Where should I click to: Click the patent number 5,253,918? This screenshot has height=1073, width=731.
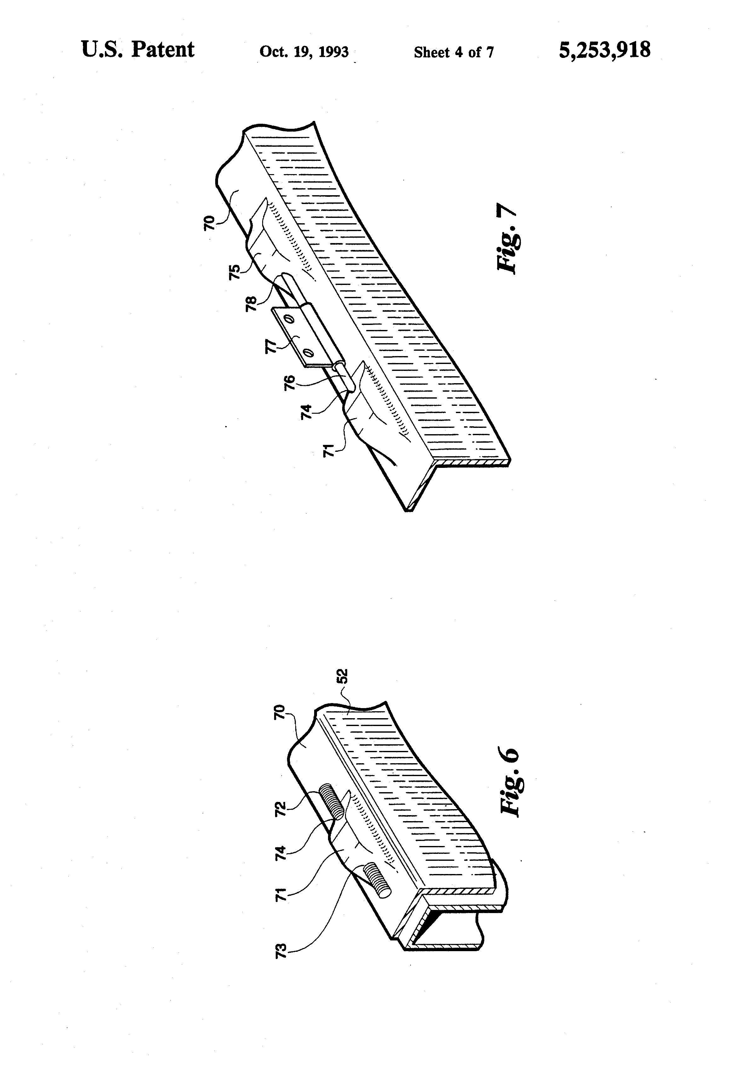tap(604, 50)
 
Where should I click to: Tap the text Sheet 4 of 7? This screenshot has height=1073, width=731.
tap(453, 52)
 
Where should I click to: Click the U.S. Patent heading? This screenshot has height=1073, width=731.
tap(138, 49)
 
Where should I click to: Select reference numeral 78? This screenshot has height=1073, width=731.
tap(251, 303)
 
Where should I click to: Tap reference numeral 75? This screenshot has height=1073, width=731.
tap(235, 271)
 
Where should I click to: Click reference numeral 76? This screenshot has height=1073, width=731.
tap(289, 383)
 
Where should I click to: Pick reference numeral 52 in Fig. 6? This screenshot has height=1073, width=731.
tap(342, 676)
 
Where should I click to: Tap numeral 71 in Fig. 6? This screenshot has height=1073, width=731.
tap(280, 893)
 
